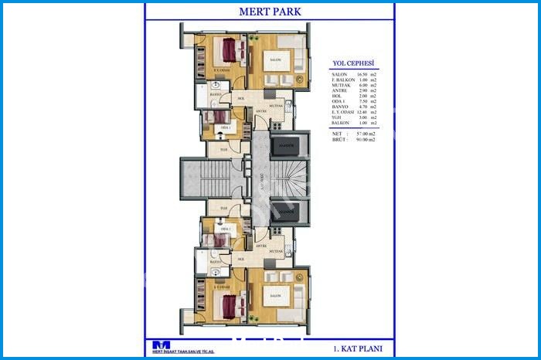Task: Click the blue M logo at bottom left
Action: tap(162, 345)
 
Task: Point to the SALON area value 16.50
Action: tap(360, 75)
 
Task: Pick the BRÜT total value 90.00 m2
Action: tap(365, 140)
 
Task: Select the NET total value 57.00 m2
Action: tap(365, 134)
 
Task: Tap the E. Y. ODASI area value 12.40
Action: tap(360, 112)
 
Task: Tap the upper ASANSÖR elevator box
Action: tap(287, 145)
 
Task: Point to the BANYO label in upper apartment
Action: tap(216, 94)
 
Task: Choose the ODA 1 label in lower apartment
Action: tap(226, 229)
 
